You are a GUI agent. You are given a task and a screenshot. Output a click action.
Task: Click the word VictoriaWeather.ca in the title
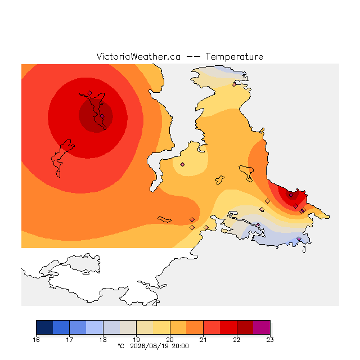[138, 56]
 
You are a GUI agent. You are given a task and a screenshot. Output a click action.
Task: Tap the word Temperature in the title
[235, 56]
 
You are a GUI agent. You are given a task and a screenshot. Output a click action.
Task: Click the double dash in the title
[193, 57]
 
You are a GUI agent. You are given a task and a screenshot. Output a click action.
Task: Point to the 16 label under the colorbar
[36, 340]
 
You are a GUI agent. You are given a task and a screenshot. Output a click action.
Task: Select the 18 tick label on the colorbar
[103, 340]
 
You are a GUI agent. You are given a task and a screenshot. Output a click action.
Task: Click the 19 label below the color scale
[136, 340]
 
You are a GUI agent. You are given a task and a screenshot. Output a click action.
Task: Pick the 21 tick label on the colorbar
[203, 340]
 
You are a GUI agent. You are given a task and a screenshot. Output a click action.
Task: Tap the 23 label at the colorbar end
[270, 340]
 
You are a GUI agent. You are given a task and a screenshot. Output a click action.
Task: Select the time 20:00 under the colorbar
[180, 346]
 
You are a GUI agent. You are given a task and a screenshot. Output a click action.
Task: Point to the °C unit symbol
[121, 346]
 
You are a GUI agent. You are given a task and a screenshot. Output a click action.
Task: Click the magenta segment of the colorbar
[262, 327]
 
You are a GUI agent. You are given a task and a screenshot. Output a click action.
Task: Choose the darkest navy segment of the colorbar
[44, 327]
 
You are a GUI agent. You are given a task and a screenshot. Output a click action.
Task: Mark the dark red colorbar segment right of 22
[245, 327]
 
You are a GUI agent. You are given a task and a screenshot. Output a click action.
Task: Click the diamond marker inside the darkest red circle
[102, 116]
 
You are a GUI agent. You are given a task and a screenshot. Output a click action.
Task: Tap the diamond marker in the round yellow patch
[182, 164]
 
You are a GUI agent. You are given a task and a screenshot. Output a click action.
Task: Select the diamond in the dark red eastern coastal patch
[291, 195]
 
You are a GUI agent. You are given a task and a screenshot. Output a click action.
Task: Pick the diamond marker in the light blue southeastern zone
[299, 238]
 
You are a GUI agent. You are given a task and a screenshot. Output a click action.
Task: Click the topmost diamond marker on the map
[234, 85]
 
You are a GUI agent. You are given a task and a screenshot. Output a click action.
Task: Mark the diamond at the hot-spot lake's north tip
[90, 93]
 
